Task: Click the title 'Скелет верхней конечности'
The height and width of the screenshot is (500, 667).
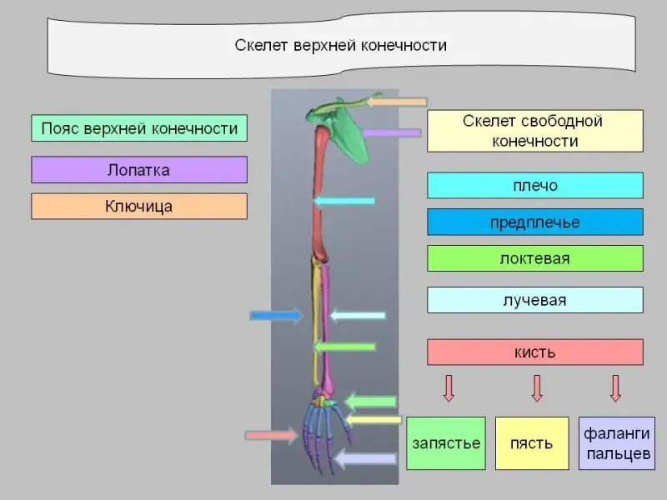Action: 339,45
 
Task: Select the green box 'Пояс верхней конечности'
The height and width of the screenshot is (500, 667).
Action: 139,128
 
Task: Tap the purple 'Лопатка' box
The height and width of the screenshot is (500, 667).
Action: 139,170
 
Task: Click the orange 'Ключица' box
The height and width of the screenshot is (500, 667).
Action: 139,206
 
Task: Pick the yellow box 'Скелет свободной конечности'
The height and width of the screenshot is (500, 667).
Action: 534,131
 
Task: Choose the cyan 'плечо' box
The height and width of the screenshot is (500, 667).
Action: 534,185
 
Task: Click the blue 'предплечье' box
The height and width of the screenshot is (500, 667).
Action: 534,222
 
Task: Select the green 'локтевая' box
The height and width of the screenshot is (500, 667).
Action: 534,258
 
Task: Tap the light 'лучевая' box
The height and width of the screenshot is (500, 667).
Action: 534,300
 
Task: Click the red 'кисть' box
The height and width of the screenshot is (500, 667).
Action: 534,352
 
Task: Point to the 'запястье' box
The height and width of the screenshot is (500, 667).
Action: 446,442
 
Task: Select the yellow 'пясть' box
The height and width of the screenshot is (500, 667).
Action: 532,442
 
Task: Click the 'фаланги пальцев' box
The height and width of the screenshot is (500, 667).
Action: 617,442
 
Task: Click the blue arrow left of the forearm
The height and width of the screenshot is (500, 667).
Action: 276,315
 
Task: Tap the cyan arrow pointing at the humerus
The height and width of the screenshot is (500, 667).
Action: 344,201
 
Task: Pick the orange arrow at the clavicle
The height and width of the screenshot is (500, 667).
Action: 397,102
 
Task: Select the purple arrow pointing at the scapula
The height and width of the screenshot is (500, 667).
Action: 391,132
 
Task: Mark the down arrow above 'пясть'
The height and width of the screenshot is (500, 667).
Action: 536,387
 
